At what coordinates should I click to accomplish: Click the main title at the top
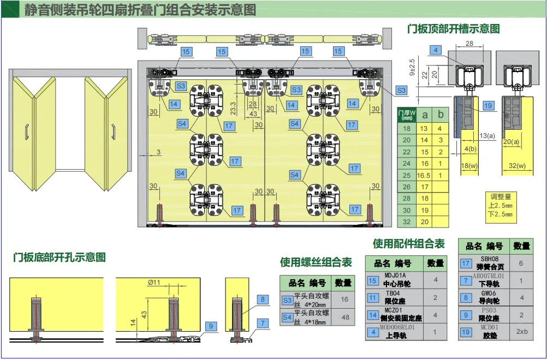click(x=140, y=10)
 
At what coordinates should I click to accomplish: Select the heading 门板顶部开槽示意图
click(x=453, y=29)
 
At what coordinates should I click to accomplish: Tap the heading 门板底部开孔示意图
click(x=60, y=257)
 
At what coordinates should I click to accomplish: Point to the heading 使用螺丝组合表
click(x=316, y=262)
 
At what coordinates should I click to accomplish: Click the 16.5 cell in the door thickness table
click(x=424, y=175)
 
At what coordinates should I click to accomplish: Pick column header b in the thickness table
click(x=440, y=115)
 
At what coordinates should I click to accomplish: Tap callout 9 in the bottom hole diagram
click(x=210, y=326)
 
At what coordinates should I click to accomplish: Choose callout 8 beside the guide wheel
click(x=263, y=299)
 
